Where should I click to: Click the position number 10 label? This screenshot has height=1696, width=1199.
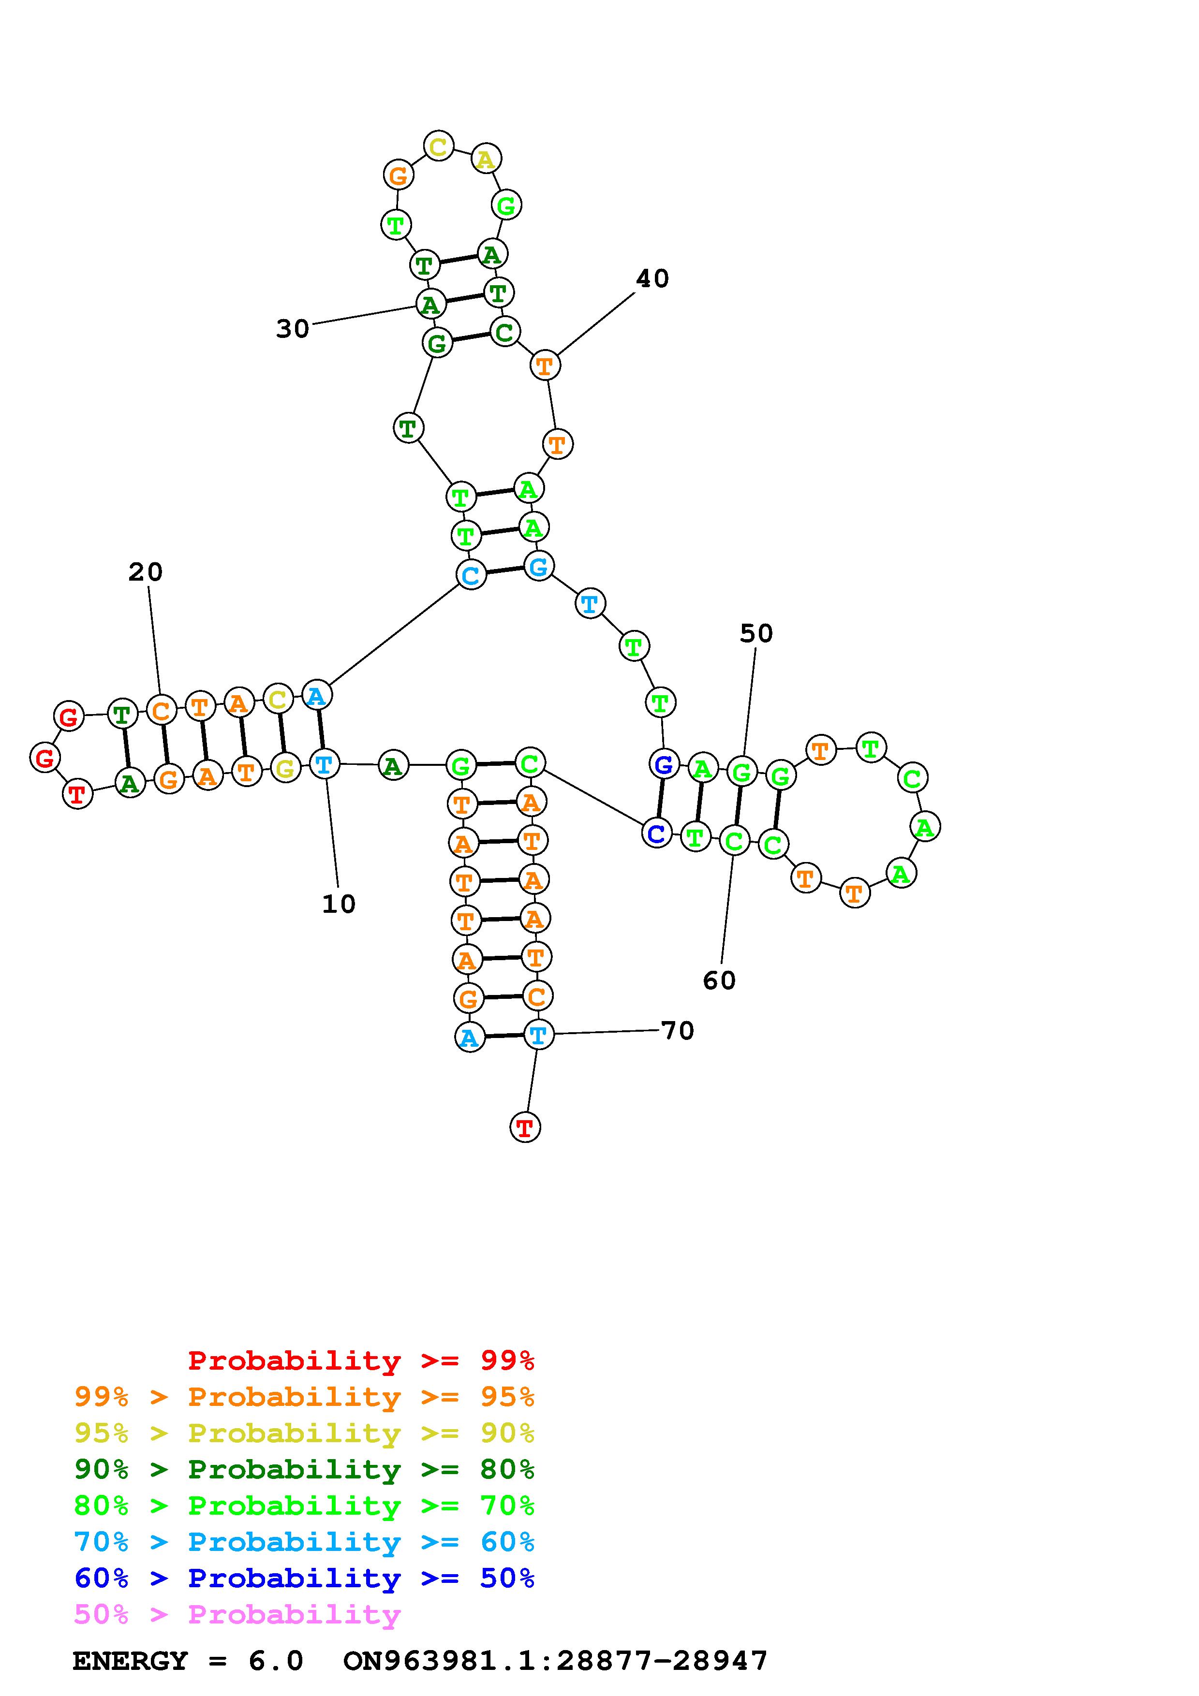(339, 904)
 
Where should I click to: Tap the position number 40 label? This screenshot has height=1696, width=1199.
(652, 278)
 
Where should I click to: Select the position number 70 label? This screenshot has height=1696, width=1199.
(678, 1030)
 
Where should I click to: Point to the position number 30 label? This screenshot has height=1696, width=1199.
(293, 329)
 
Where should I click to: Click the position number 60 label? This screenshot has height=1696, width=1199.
(719, 980)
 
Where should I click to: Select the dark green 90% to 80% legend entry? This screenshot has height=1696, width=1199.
(304, 1469)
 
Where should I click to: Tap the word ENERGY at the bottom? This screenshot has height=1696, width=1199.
(130, 1661)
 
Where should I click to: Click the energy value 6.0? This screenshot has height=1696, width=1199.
(276, 1661)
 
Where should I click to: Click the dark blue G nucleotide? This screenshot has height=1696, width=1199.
(664, 764)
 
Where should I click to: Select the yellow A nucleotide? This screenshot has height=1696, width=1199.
(486, 159)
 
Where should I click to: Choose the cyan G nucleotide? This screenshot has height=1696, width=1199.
(538, 567)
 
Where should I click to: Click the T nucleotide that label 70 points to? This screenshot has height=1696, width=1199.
(538, 1035)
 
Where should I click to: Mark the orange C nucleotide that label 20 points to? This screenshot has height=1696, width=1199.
(160, 711)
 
